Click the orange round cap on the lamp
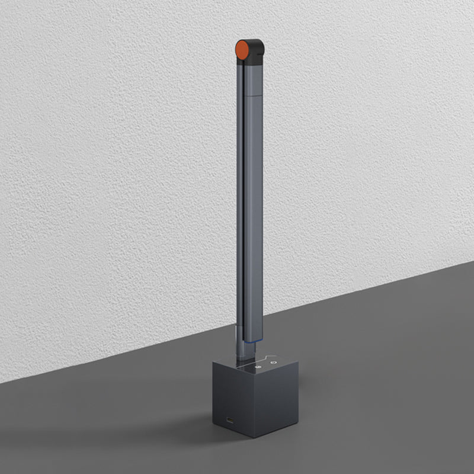pos(242,50)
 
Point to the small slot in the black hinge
pos(255,57)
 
